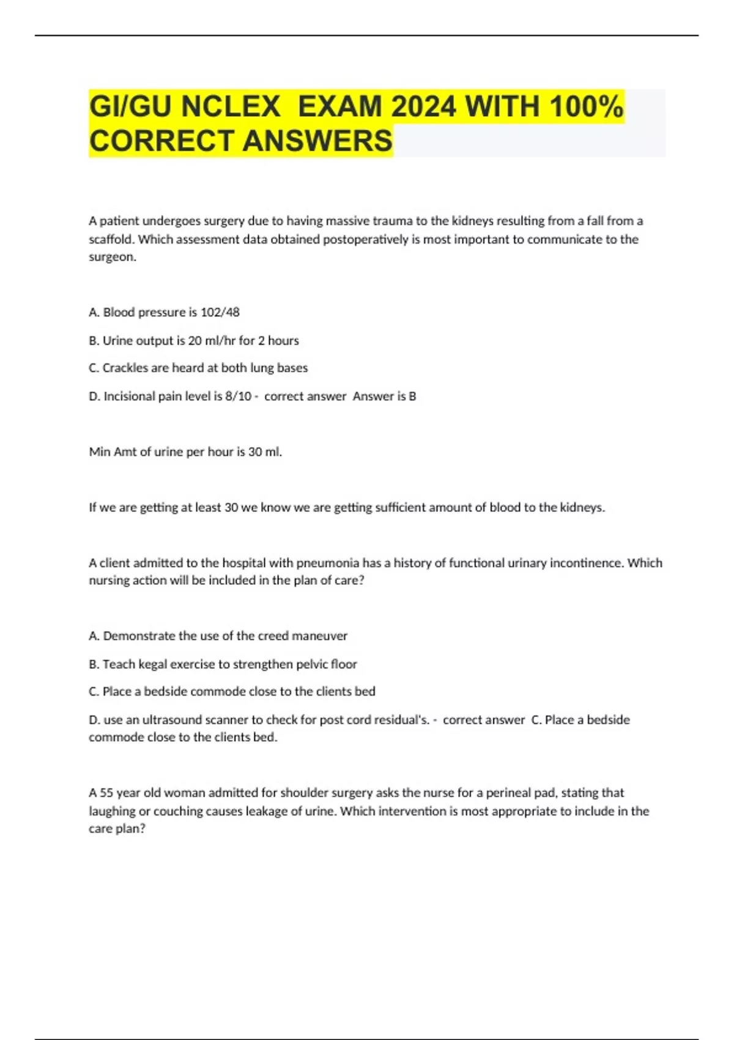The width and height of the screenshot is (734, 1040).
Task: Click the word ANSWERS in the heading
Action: [317, 141]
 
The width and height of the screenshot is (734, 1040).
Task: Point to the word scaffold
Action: [111, 239]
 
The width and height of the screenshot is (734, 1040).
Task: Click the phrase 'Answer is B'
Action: [384, 396]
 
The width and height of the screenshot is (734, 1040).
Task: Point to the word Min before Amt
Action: [100, 452]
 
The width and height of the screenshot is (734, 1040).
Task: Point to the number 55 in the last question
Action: [106, 793]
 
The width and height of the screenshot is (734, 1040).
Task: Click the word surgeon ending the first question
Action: [111, 257]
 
